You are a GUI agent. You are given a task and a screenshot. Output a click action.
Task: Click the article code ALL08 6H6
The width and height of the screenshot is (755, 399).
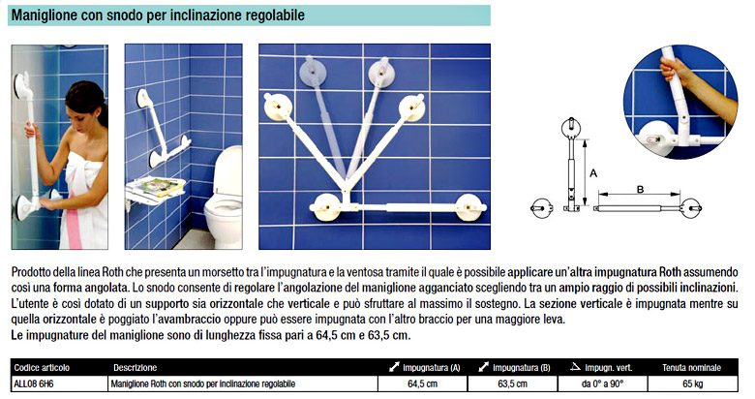pyautogui.click(x=34, y=384)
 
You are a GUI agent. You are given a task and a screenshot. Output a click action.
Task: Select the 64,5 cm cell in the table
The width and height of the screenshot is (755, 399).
pyautogui.click(x=422, y=384)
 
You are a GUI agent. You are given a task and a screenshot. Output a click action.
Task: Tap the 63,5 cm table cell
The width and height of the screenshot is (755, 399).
pyautogui.click(x=512, y=384)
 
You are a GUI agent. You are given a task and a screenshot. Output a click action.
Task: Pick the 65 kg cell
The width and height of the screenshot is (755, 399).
pyautogui.click(x=692, y=384)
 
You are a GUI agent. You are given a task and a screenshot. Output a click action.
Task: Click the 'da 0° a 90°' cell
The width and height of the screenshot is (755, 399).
pyautogui.click(x=602, y=384)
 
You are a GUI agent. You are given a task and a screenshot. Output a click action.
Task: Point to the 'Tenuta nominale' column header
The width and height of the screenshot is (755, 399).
pyautogui.click(x=691, y=368)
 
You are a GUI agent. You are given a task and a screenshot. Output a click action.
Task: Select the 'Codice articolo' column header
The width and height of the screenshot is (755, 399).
pyautogui.click(x=42, y=368)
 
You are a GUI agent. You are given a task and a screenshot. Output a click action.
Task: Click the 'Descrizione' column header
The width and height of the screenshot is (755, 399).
pyautogui.click(x=136, y=368)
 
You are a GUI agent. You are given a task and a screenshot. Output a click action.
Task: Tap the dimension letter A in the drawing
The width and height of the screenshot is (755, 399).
pyautogui.click(x=593, y=173)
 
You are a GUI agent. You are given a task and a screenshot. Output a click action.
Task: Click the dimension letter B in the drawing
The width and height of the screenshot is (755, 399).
pyautogui.click(x=640, y=190)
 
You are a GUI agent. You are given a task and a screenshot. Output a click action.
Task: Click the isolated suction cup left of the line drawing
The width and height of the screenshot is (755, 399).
pyautogui.click(x=542, y=208)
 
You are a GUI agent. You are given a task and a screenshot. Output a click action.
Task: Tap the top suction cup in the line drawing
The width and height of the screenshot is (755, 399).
pyautogui.click(x=571, y=128)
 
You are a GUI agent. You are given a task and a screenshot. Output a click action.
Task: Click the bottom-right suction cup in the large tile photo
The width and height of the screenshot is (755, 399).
pyautogui.click(x=469, y=207)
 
